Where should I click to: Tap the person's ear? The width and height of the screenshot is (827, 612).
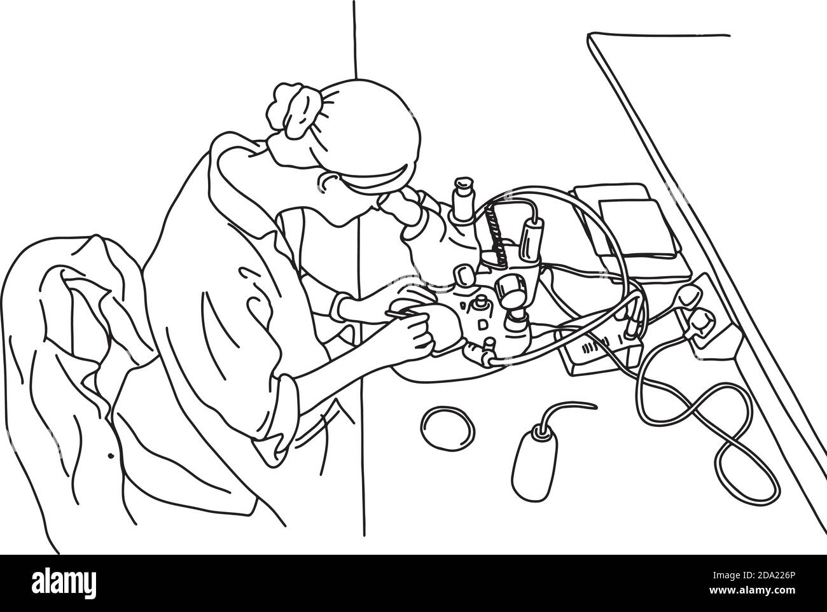point(329,184)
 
